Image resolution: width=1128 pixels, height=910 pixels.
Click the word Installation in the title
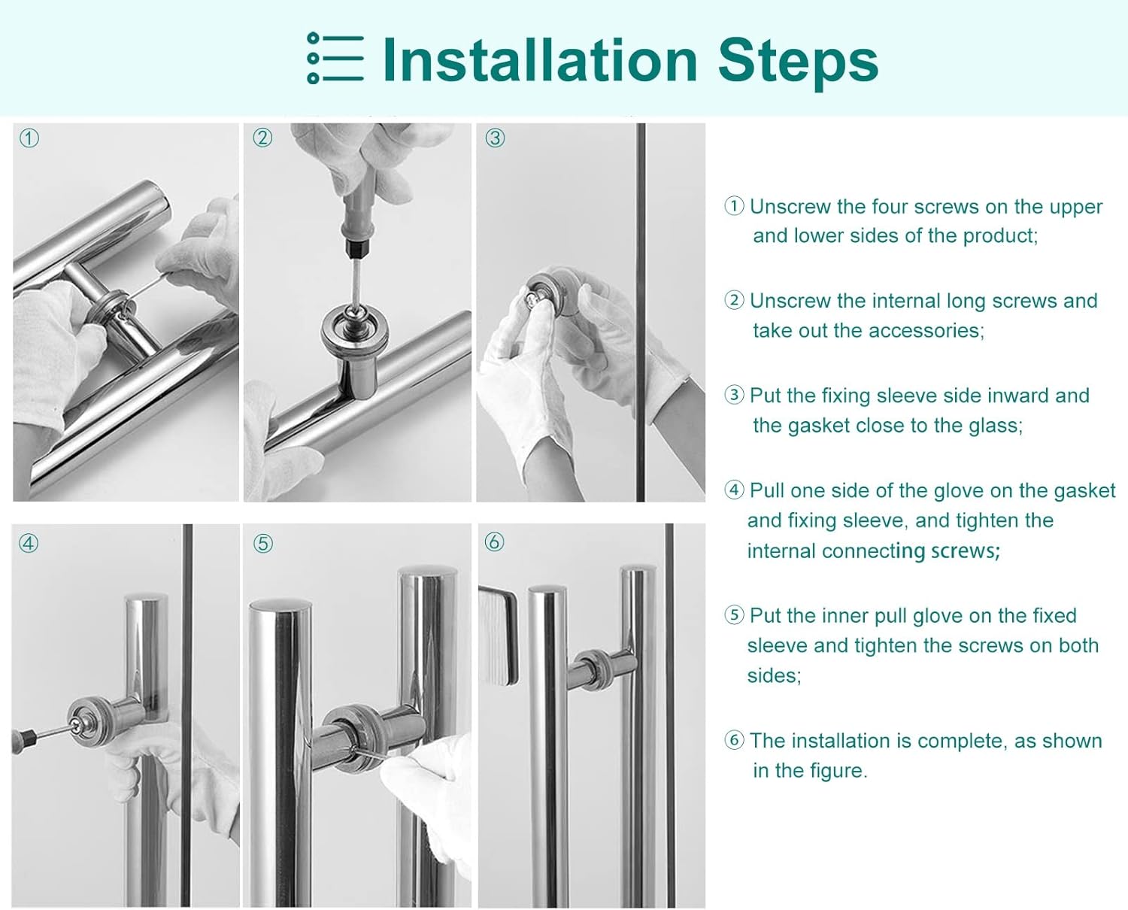coord(541,60)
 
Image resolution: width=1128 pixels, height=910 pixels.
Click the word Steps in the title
coord(798,63)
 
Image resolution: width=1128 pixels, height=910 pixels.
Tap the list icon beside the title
coord(335,58)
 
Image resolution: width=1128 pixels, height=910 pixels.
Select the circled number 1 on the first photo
coord(29,138)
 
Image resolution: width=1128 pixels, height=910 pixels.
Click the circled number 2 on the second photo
coord(262,138)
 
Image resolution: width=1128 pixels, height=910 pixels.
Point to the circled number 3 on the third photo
coord(496,138)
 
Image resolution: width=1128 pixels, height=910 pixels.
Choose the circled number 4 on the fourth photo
coord(29,543)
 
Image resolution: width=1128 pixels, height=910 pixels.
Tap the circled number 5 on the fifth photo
coord(263,544)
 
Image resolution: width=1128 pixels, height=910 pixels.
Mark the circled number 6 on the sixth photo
coord(495,541)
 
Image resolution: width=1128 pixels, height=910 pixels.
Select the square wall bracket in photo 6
coord(499,635)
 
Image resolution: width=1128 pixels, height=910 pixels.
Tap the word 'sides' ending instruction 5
coord(775,675)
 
